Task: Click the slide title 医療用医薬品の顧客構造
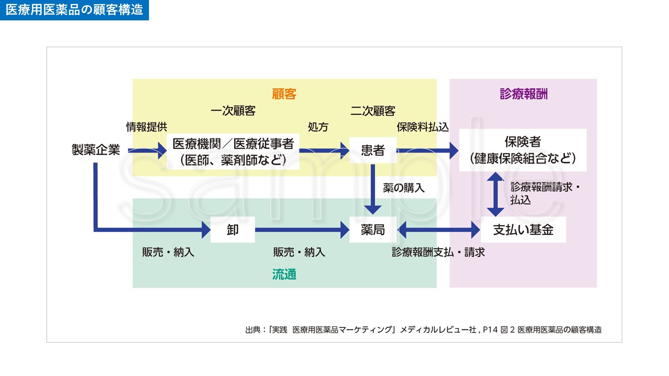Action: pos(74,10)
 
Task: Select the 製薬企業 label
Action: pos(96,150)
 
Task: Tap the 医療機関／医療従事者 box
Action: pos(233,150)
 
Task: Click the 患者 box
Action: pos(373,150)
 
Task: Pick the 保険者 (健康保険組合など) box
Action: pos(523,150)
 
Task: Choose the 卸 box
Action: pos(233,229)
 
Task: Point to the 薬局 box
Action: pos(373,229)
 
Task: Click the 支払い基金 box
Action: pos(523,229)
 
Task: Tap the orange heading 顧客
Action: pos(284,94)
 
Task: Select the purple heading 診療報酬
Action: pos(523,94)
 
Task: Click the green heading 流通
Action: pos(284,275)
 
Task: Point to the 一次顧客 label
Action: pos(233,111)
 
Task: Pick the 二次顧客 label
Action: pos(373,111)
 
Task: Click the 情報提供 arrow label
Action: pos(146,127)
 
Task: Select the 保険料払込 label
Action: pos(423,127)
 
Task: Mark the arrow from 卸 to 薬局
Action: pos(302,229)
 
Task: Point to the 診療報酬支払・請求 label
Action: pos(439,252)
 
